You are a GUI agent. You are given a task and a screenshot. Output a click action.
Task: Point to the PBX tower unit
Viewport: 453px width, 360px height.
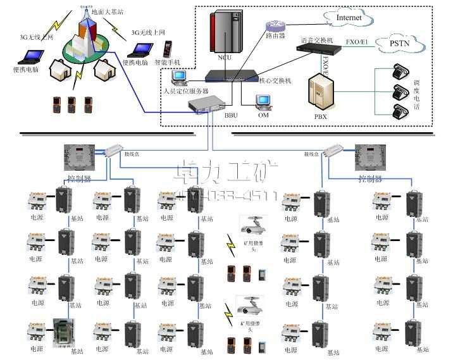(x=320, y=94)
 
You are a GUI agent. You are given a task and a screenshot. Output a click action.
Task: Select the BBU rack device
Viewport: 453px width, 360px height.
(x=211, y=104)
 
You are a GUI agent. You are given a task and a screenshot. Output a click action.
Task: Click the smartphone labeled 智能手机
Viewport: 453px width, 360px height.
(x=168, y=49)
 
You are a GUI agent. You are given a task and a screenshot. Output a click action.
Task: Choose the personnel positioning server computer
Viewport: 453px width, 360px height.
(x=180, y=78)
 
